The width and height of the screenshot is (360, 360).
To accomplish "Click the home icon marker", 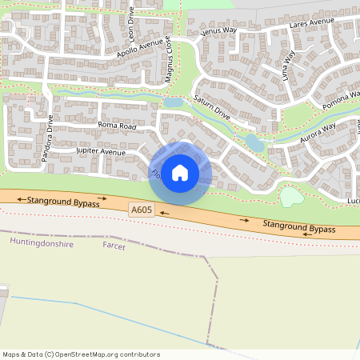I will (180, 173).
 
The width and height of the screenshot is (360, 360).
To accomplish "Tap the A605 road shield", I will (142, 210).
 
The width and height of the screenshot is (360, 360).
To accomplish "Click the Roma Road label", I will (118, 126).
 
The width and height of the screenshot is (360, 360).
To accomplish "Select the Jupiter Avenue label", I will (101, 151).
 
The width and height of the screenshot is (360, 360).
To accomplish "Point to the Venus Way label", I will (219, 31).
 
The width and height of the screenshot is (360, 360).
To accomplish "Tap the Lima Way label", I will (289, 61).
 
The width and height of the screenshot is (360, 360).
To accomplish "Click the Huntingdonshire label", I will (41, 242).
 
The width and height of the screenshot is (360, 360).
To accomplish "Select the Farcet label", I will (114, 246).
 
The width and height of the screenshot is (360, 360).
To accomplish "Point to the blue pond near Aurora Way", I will (254, 143).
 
